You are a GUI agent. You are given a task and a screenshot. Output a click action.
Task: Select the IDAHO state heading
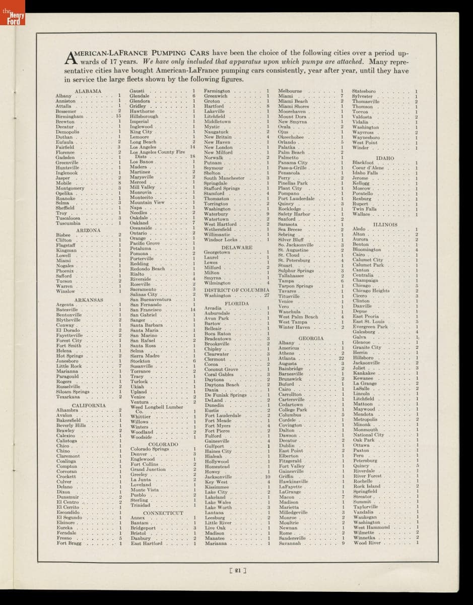385,158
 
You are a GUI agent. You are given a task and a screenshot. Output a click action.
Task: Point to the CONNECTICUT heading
163,513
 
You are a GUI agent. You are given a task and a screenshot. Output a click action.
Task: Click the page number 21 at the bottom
236,571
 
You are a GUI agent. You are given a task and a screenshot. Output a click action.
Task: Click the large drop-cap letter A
70,56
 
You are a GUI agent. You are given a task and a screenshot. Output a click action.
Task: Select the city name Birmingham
70,116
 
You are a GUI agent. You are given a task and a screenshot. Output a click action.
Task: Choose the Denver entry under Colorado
139,454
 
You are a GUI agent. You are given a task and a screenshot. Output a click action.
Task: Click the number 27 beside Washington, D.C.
266,295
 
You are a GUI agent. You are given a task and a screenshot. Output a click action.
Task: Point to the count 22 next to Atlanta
341,358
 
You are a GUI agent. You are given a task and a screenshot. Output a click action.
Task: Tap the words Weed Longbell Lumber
156,406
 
